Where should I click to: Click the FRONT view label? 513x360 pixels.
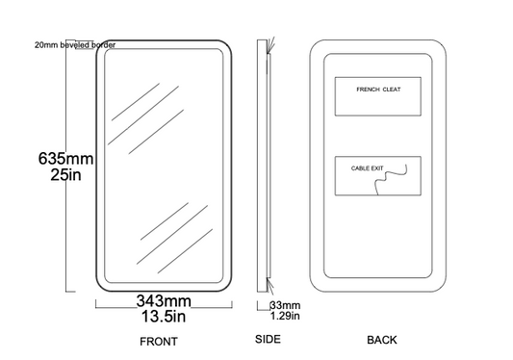click(x=159, y=342)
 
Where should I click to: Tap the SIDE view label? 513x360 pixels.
click(x=268, y=339)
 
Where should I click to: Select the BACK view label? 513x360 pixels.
click(x=382, y=340)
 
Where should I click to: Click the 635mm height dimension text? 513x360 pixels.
click(x=65, y=159)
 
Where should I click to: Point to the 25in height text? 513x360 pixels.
click(x=65, y=174)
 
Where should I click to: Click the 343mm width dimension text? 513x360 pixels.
click(x=164, y=300)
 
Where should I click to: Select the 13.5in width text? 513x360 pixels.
click(x=164, y=316)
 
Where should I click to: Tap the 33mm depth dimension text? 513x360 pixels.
click(x=285, y=305)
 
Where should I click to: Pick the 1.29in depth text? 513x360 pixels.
click(x=285, y=316)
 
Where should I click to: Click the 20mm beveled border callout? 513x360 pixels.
click(x=75, y=45)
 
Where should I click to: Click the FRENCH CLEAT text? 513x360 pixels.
click(x=378, y=90)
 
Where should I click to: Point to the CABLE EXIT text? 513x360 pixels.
click(x=367, y=168)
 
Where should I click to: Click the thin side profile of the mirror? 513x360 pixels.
click(x=262, y=166)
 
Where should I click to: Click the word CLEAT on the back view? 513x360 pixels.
click(x=392, y=90)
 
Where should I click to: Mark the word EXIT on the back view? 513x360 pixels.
click(x=377, y=168)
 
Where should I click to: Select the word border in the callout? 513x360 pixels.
click(x=103, y=45)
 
